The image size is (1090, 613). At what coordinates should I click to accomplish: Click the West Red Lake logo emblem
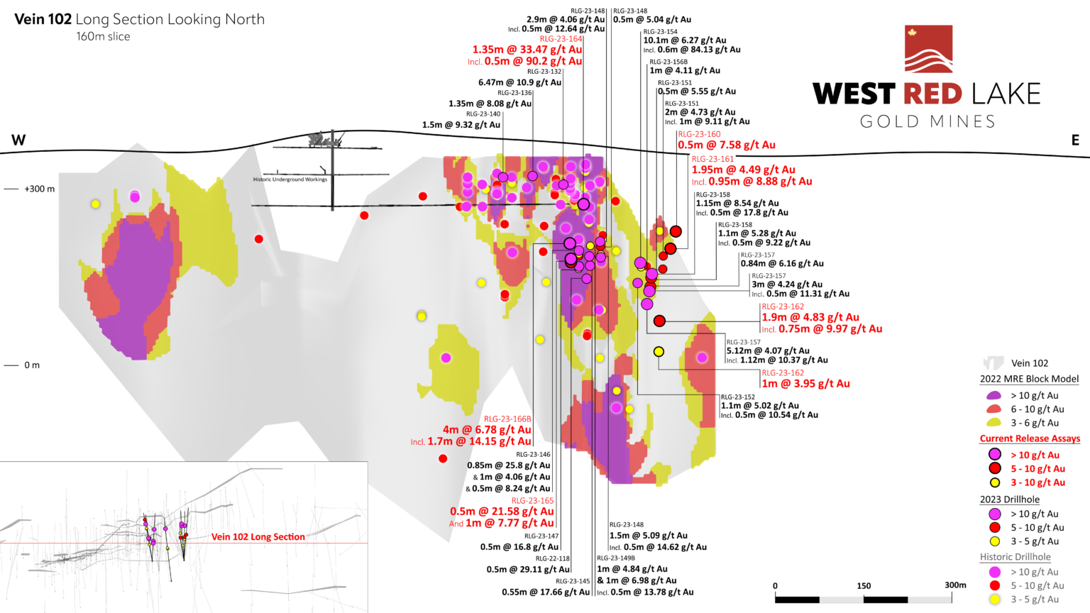coord(928,49)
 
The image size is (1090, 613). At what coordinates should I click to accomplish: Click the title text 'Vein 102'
coord(43,19)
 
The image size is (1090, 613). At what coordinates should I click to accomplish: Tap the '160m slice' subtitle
coord(103,36)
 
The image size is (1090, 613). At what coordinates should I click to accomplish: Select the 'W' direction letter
coord(18,140)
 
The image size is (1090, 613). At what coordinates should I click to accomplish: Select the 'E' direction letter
coord(1075,140)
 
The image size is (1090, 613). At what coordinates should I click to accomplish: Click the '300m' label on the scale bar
coord(955,585)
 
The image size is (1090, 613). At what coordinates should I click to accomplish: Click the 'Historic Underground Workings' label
coord(290,180)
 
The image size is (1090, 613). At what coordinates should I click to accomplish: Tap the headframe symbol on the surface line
coord(323,139)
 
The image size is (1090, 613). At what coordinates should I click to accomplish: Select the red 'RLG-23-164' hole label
coord(561,39)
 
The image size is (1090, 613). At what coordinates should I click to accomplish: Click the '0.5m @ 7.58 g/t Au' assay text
coord(726,145)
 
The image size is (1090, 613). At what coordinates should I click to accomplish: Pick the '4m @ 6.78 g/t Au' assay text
coord(487,430)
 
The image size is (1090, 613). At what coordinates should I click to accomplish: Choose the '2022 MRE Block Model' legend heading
coord(1029,379)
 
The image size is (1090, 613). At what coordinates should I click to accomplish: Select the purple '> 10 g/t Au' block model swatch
coord(993,395)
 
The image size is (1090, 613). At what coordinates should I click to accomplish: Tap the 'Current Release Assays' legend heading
coord(1030,438)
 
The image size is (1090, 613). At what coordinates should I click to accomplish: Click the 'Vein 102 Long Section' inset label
coord(258,537)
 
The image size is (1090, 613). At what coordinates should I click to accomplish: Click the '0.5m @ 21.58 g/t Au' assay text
coord(502,512)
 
